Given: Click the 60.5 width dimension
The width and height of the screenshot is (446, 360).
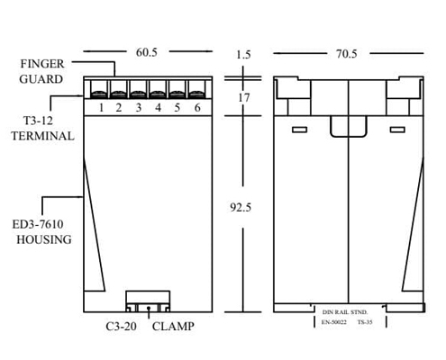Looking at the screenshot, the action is (x=147, y=52).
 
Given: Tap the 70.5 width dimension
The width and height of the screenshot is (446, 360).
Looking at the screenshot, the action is (x=346, y=54).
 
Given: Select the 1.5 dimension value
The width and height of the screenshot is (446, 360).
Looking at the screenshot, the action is (x=243, y=54).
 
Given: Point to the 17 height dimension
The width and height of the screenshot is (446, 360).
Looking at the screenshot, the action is (x=243, y=98).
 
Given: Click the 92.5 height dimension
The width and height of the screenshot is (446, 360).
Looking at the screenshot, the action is (x=241, y=207).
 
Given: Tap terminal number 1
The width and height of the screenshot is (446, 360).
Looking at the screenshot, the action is (x=101, y=108).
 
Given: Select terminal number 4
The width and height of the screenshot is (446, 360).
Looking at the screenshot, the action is (x=158, y=108).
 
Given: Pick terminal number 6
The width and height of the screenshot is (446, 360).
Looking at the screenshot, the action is (x=197, y=108).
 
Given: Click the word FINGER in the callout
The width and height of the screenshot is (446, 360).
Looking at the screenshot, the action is (x=42, y=64).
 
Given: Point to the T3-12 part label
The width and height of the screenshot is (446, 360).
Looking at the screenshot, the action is (x=38, y=121).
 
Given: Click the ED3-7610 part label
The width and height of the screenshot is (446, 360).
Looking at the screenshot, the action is (x=38, y=224).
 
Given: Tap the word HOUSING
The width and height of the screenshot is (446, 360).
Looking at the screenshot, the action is (x=44, y=239).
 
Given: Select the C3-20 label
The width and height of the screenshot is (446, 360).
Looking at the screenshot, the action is (x=121, y=327).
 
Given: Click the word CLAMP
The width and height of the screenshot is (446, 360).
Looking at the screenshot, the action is (x=173, y=327).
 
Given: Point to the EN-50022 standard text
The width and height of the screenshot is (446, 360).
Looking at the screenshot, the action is (x=334, y=322).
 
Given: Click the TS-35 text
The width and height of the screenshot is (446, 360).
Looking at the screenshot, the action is (x=365, y=322).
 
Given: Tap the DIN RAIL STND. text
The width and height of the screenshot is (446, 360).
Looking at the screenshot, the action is (x=345, y=312).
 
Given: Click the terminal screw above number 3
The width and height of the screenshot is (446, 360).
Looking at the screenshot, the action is (x=138, y=94).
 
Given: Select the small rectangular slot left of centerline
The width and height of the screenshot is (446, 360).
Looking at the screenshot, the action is (x=300, y=130).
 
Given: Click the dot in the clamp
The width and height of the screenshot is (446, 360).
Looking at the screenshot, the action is (x=149, y=308).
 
